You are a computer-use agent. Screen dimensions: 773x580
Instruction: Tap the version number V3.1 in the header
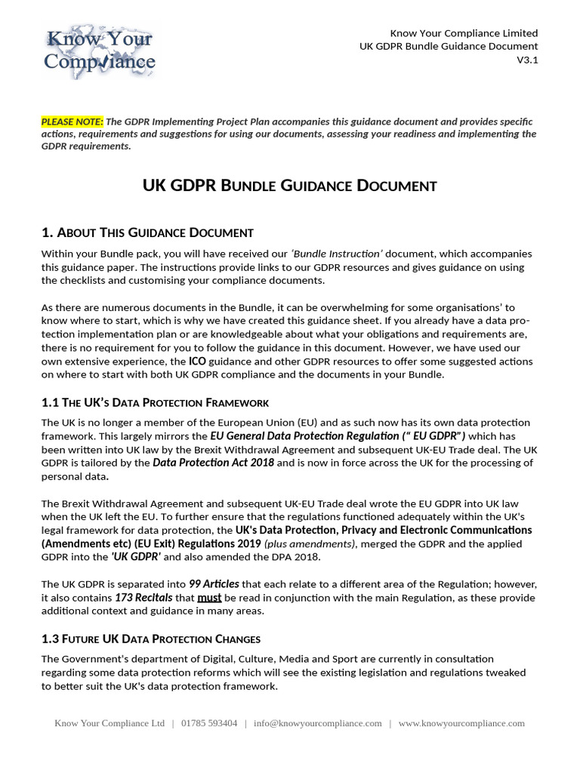pos(527,60)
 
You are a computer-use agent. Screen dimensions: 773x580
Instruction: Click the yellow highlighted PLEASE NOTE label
pos(72,122)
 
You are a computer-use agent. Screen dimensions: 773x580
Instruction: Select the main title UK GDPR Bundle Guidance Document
pos(290,185)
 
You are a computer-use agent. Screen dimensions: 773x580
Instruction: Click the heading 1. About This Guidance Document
pos(147,233)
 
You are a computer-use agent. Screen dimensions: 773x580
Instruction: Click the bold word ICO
pos(197,362)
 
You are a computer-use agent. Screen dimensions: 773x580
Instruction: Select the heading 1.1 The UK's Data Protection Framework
pos(155,402)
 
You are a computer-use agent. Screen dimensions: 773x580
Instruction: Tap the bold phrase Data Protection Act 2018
pos(214,463)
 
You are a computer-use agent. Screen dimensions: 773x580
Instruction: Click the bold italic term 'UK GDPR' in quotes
pos(136,557)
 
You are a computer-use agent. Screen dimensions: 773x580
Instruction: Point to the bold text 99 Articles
pos(214,584)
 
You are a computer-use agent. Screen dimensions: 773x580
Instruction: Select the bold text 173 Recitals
pos(143,598)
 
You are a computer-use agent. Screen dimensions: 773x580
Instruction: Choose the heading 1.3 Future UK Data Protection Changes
pos(151,639)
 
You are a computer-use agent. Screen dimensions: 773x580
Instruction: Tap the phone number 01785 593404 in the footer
pos(209,723)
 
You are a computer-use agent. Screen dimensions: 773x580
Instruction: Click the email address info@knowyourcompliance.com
pos(318,723)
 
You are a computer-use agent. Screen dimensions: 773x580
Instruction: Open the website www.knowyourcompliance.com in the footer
pos(461,723)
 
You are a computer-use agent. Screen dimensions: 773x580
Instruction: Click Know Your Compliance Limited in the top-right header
pos(464,33)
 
